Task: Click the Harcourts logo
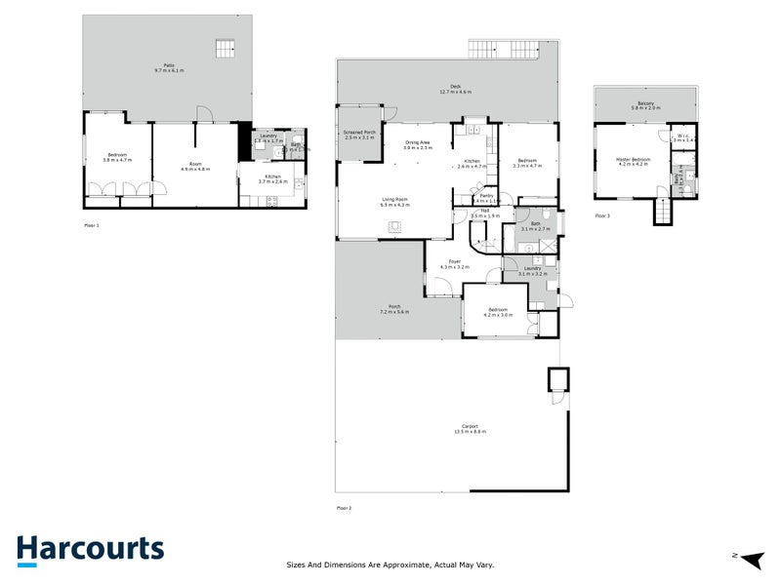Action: tap(90, 549)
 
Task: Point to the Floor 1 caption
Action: tap(92, 225)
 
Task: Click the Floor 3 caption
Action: tap(602, 215)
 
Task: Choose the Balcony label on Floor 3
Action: tap(645, 104)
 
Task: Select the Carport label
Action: tap(470, 428)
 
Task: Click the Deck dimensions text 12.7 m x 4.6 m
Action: tap(455, 93)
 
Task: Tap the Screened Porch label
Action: tap(359, 134)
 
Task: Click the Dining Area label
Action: tap(419, 142)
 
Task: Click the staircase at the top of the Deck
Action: tap(505, 48)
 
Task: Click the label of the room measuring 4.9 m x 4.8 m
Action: tap(195, 165)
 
